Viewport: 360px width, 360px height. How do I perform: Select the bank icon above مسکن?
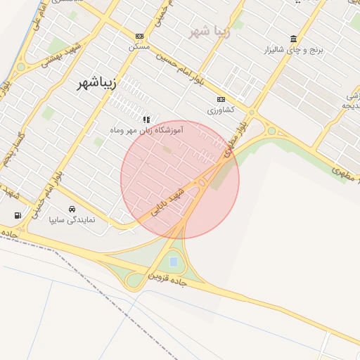(139, 36)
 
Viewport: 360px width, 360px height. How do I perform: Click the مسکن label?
(139, 46)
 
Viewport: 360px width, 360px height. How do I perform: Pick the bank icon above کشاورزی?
(221, 100)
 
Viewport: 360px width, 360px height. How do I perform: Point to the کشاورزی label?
(221, 110)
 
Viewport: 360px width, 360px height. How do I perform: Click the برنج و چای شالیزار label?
(292, 50)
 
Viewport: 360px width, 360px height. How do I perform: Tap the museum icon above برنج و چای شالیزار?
(292, 39)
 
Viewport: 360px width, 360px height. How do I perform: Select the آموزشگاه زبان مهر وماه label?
(147, 130)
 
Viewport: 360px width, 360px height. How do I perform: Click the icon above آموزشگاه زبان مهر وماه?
(146, 120)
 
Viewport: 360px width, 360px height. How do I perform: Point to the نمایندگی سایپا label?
(72, 220)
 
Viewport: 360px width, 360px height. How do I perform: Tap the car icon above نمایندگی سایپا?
(72, 210)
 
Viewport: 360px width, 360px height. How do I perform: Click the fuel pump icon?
(17, 215)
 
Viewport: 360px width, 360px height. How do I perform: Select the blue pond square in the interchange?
(173, 263)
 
